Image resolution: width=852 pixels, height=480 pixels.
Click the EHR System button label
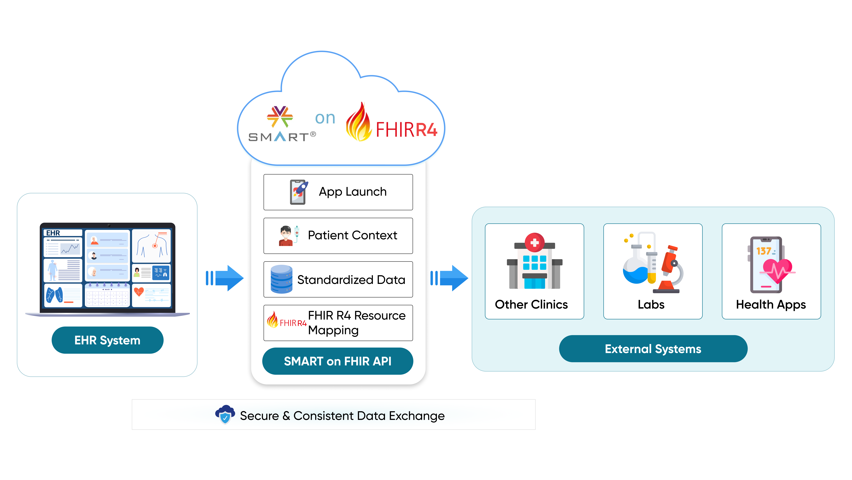pyautogui.click(x=107, y=340)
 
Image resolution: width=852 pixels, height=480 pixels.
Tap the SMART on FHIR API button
pyautogui.click(x=338, y=361)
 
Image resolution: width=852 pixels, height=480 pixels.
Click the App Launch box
pyautogui.click(x=338, y=192)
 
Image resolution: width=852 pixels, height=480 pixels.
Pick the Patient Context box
pyautogui.click(x=338, y=236)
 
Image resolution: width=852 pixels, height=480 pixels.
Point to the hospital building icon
pyautogui.click(x=534, y=262)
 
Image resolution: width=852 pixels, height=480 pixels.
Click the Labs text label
pyautogui.click(x=651, y=304)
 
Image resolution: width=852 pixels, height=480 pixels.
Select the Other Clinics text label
pyautogui.click(x=531, y=304)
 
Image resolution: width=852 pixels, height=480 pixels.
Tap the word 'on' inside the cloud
pyautogui.click(x=325, y=118)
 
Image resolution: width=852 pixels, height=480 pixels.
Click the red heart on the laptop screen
pyautogui.click(x=139, y=292)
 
